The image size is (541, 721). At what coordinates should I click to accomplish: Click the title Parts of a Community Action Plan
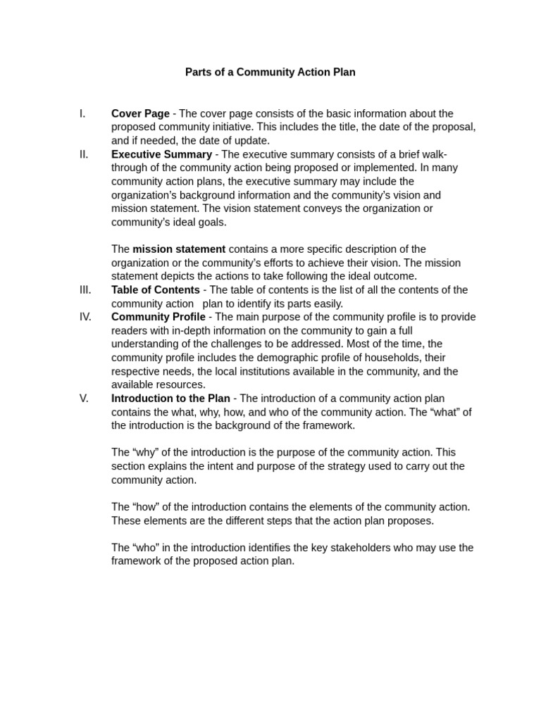coord(270,73)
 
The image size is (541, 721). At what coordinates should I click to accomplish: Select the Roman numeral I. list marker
coord(82,113)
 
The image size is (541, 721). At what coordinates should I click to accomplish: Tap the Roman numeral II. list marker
coord(84,154)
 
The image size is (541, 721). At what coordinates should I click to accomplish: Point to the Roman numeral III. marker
coord(85,290)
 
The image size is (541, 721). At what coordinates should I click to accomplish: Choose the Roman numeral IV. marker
coord(85,317)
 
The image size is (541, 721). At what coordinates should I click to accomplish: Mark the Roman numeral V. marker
coord(84,399)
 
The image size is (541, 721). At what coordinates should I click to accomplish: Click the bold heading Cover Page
coord(140,113)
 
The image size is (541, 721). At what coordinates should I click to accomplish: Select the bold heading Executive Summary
coord(161,154)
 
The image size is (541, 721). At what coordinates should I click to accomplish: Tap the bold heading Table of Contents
coord(155,290)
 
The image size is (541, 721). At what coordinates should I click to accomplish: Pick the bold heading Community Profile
coord(158,317)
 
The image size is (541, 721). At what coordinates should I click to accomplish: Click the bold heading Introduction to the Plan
coord(170,399)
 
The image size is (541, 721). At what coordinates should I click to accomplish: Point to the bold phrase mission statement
coord(179,249)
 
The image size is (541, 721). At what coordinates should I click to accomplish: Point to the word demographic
coord(266,358)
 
